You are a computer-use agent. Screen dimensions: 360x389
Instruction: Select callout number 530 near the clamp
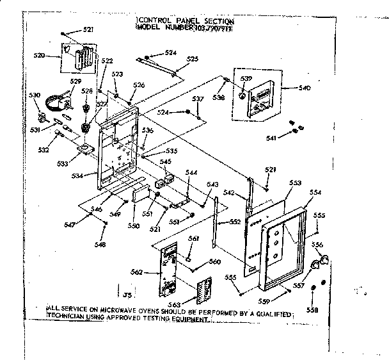35,95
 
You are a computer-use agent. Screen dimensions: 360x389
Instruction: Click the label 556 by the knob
317,244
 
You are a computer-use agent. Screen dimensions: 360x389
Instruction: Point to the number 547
70,224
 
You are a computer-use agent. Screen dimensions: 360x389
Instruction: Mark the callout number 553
294,183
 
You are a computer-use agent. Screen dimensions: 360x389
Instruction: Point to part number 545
166,163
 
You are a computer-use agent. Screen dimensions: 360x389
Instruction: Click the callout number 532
44,150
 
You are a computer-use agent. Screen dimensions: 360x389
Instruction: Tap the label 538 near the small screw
219,99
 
